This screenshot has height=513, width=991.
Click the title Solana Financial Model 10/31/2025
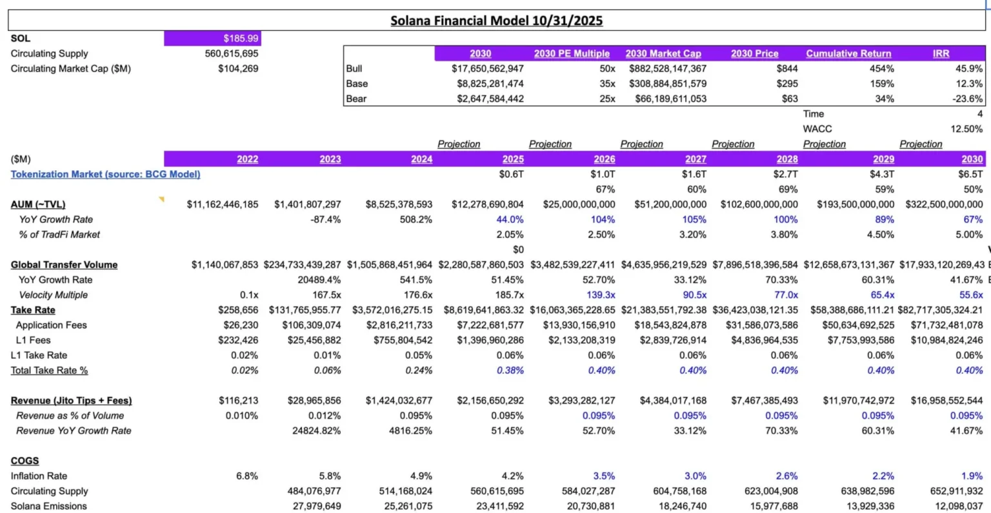tap(496, 21)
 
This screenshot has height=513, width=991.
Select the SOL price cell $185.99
tap(241, 39)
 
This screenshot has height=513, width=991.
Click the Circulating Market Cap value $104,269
tap(238, 68)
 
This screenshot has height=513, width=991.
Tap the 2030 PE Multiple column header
tap(571, 53)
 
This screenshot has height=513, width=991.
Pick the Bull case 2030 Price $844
tap(786, 68)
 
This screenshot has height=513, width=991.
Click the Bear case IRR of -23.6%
tap(968, 99)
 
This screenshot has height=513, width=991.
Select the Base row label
tap(357, 84)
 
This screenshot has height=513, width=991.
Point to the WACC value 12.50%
tap(966, 129)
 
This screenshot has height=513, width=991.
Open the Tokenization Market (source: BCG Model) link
tap(105, 174)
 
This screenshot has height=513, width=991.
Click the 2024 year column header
tap(421, 159)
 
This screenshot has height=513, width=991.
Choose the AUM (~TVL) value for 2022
tap(222, 204)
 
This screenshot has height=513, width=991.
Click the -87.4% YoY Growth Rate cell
tap(325, 219)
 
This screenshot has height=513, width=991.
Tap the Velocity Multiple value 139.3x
tap(601, 295)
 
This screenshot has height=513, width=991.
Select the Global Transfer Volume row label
tap(64, 265)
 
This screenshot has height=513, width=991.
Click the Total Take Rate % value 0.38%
tap(510, 370)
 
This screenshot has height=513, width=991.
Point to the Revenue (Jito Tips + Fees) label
tap(71, 400)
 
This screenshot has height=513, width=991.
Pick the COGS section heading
tap(25, 461)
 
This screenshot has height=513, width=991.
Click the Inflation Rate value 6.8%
tap(246, 476)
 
